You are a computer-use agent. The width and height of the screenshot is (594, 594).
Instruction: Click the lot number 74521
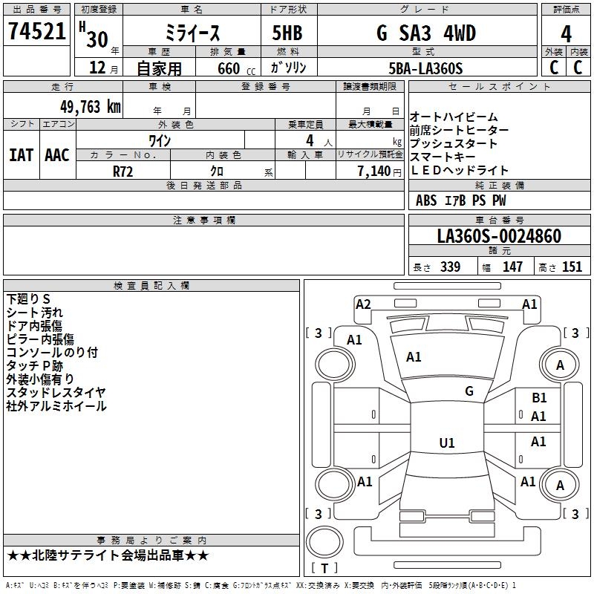tap(37, 31)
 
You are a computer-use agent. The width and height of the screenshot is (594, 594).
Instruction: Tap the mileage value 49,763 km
tap(91, 107)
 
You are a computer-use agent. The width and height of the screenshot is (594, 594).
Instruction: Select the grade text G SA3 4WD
tap(426, 33)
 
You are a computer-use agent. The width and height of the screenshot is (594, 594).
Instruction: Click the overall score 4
tap(566, 33)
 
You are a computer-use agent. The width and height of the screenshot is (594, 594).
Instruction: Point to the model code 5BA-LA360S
tap(425, 68)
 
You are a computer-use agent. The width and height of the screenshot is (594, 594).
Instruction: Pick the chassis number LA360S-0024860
tap(499, 236)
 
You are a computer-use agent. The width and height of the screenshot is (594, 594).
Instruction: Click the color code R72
tap(123, 172)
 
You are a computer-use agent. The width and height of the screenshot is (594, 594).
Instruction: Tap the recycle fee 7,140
tap(374, 172)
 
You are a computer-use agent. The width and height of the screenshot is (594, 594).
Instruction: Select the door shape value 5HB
tap(287, 33)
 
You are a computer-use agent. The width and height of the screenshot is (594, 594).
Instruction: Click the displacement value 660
tap(229, 68)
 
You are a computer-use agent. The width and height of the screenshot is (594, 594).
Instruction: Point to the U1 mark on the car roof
tap(447, 443)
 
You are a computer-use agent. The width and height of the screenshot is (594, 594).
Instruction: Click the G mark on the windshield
tap(469, 391)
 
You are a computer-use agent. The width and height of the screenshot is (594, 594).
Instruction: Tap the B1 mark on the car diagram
tap(539, 398)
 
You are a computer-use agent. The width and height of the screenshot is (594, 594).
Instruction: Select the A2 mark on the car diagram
tap(363, 304)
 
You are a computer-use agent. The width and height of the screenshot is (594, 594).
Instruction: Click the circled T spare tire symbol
tap(324, 542)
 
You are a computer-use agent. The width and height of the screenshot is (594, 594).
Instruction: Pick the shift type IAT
tap(21, 155)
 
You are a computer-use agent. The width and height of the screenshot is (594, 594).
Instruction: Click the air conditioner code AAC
tap(57, 155)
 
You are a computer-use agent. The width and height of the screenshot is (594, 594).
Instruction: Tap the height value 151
tap(572, 267)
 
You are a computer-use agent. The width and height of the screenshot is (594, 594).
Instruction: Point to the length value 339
tap(451, 267)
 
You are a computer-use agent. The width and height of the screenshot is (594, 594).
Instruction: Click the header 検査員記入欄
tap(151, 286)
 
